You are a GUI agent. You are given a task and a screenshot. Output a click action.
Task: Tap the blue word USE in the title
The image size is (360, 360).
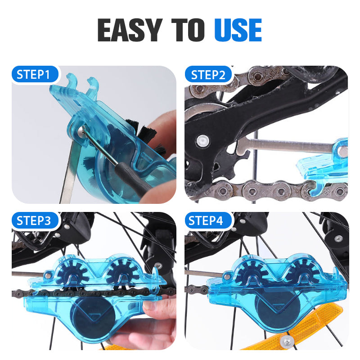coord(238,31)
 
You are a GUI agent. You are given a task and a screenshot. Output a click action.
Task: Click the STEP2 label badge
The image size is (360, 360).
coord(208,75)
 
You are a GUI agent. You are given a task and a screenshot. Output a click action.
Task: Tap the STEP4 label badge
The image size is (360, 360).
coord(208,221)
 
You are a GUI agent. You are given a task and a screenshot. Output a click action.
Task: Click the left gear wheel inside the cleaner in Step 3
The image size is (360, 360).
coord(70,273)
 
